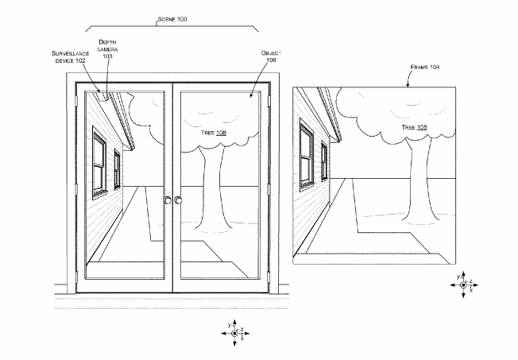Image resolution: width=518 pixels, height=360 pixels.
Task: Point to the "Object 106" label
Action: pyautogui.click(x=272, y=56)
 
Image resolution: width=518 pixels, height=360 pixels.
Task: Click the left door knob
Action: pyautogui.click(x=167, y=200)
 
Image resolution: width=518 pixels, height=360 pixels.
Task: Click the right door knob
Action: pyautogui.click(x=179, y=200)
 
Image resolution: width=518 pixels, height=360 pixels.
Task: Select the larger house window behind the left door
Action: pyautogui.click(x=99, y=163)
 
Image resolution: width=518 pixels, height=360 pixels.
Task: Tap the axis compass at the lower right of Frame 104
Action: pyautogui.click(x=464, y=285)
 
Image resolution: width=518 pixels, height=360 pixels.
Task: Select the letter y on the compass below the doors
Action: pyautogui.click(x=229, y=324)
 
